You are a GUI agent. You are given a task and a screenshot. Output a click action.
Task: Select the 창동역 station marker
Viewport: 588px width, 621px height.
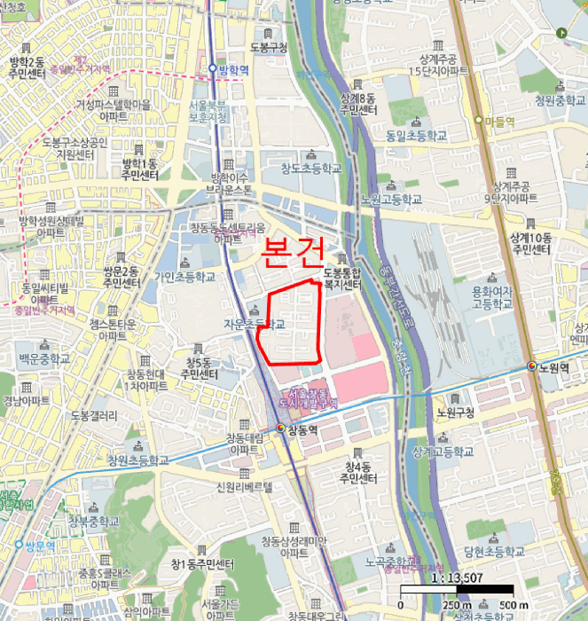(x=282, y=428)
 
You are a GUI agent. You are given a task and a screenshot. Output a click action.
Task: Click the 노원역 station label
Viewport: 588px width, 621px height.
(x=555, y=366)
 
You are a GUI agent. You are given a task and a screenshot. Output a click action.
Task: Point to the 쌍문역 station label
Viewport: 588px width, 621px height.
(x=40, y=544)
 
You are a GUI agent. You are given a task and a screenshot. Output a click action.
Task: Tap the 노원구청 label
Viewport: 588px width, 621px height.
(x=456, y=413)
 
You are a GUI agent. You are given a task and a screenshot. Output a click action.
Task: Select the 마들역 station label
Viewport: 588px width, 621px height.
(x=498, y=121)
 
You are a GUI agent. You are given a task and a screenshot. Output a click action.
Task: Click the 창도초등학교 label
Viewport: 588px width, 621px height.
(x=304, y=168)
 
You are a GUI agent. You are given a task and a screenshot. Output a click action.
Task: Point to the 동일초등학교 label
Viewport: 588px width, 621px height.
(x=416, y=137)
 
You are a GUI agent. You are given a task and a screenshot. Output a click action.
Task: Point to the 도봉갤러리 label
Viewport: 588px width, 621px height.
(x=93, y=415)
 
